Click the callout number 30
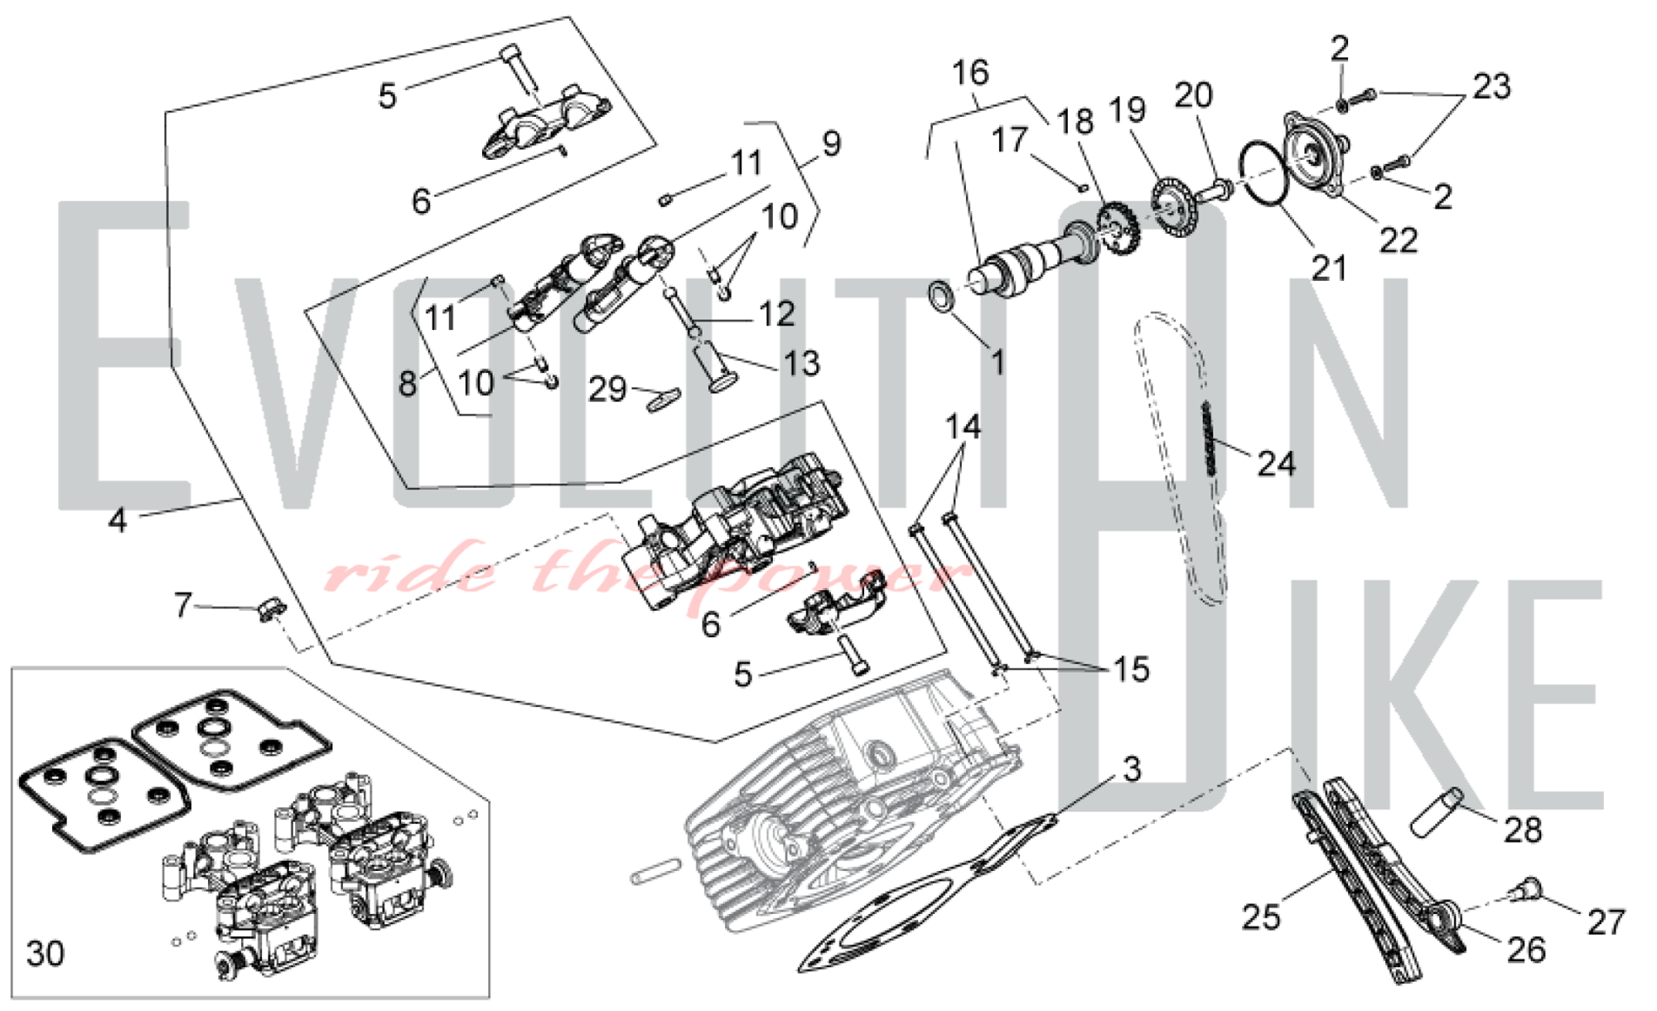[x=45, y=954]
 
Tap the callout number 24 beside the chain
[x=1276, y=464]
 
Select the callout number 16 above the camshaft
[x=970, y=73]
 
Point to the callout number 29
[x=607, y=389]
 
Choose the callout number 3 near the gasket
[x=1132, y=769]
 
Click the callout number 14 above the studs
[x=963, y=428]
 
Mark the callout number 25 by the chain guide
[x=1261, y=917]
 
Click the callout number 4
[x=118, y=520]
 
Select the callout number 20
[x=1193, y=96]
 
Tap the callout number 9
[x=832, y=144]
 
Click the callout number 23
[x=1491, y=86]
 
